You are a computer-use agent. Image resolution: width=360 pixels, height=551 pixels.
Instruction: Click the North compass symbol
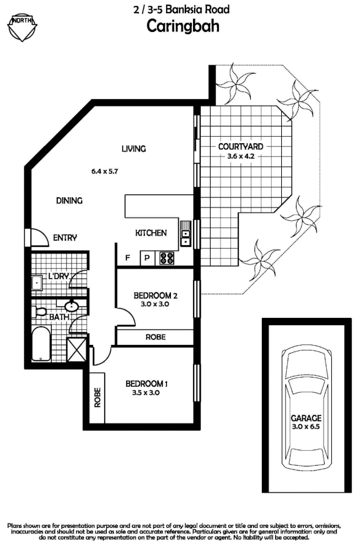pos(23,26)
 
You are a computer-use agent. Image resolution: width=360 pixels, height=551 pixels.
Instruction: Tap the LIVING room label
pos(133,148)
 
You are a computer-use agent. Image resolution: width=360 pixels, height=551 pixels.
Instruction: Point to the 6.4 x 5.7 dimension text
pos(105,171)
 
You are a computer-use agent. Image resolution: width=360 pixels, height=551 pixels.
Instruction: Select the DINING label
pos(69,201)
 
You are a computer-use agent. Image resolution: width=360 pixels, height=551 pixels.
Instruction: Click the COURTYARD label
pos(240,147)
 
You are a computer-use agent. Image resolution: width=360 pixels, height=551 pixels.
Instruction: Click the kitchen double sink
pos(186,234)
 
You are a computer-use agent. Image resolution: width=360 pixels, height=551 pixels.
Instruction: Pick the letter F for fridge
pos(127,257)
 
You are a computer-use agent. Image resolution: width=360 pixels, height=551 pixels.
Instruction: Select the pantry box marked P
pos(148,258)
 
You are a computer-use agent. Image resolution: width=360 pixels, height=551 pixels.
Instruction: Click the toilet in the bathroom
pos(40,312)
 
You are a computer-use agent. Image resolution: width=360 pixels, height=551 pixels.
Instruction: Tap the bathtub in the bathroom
pos(41,344)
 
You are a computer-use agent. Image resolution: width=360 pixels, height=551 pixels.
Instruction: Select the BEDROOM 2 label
pos(155,296)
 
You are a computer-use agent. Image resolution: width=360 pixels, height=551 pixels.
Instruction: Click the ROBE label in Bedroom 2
pos(155,337)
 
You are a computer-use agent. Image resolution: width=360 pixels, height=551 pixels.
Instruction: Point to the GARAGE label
pos(307,418)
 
